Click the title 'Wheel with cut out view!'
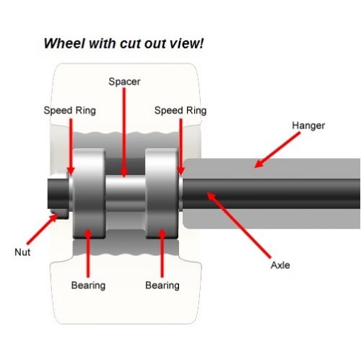tap(123, 43)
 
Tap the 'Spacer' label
tap(124, 82)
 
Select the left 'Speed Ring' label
tap(69, 111)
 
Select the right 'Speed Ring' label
tap(180, 111)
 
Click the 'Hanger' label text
tap(308, 126)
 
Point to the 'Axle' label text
tap(279, 265)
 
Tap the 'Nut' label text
tap(22, 252)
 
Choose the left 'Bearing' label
tap(88, 285)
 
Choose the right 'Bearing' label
tap(162, 285)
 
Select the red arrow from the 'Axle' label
tap(238, 224)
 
